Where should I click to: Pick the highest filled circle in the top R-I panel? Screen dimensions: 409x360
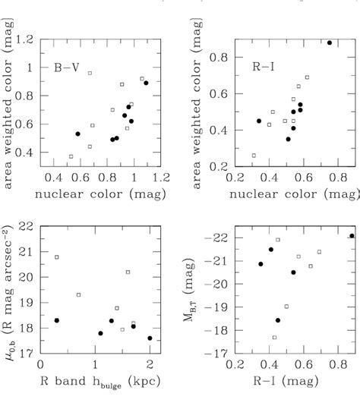coord(330,42)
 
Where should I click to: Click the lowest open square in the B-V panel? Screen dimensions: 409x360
coord(71,157)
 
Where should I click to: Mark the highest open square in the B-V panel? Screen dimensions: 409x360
coord(90,73)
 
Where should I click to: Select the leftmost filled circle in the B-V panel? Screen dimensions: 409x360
coord(77,134)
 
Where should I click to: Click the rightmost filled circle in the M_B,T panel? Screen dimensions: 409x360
coord(352,235)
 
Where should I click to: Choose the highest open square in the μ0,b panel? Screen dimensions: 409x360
coord(57,257)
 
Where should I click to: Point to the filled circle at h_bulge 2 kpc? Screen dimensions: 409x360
coord(150,338)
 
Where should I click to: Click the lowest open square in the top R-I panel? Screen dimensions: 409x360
coord(254,155)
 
